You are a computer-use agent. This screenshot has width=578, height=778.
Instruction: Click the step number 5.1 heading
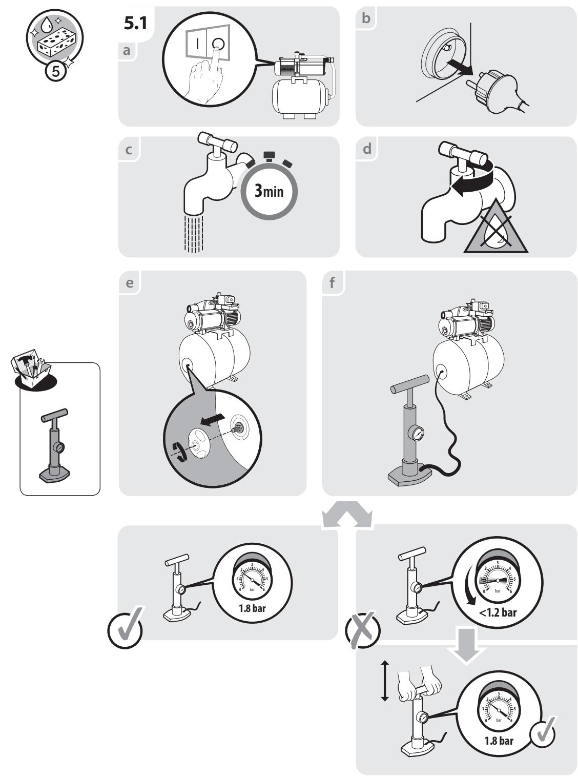click(x=135, y=24)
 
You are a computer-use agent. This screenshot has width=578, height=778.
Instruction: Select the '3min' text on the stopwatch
click(x=269, y=191)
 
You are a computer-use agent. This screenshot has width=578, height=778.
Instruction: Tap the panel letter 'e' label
click(x=130, y=283)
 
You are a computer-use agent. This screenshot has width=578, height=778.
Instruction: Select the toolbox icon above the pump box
click(x=31, y=368)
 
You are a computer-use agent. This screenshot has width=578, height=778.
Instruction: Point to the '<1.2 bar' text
click(x=498, y=613)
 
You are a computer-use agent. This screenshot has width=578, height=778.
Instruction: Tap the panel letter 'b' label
click(x=366, y=18)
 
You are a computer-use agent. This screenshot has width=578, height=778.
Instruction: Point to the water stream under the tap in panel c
click(x=194, y=234)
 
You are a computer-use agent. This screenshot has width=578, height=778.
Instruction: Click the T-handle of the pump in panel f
click(x=409, y=384)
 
